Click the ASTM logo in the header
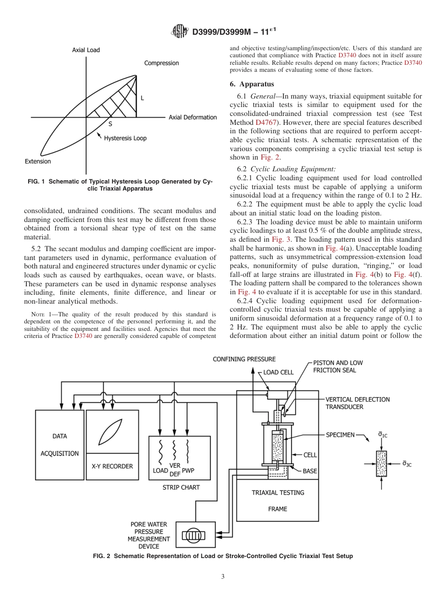coord(180,32)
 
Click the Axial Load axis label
coord(86,50)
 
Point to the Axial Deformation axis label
coord(192,117)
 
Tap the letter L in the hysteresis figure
coord(142,98)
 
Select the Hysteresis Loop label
coord(125,138)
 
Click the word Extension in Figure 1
coord(38,161)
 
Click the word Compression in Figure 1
coord(161,63)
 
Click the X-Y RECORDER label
coord(112,466)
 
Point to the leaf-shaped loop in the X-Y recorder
coord(112,431)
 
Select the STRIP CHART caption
coord(181,488)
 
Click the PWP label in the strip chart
coord(188,470)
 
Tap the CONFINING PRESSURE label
coord(244,359)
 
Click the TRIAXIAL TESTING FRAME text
coord(277,500)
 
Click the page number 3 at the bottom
coord(223,577)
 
